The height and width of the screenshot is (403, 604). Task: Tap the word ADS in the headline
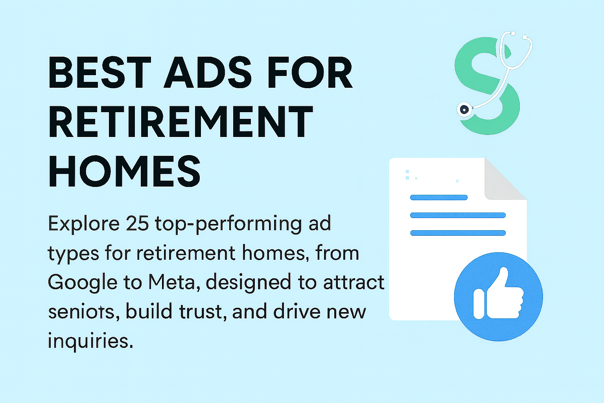pyautogui.click(x=208, y=73)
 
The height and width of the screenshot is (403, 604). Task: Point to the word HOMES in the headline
pyautogui.click(x=125, y=172)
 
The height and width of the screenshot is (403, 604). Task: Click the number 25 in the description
pyautogui.click(x=138, y=224)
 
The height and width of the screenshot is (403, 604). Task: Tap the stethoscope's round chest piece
pyautogui.click(x=464, y=109)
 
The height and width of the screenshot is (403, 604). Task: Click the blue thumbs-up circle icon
pyautogui.click(x=498, y=296)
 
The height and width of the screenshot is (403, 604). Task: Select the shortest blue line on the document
pyautogui.click(x=438, y=198)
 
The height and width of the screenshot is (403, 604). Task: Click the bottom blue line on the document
pyautogui.click(x=458, y=233)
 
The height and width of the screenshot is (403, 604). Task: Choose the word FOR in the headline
pyautogui.click(x=309, y=73)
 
